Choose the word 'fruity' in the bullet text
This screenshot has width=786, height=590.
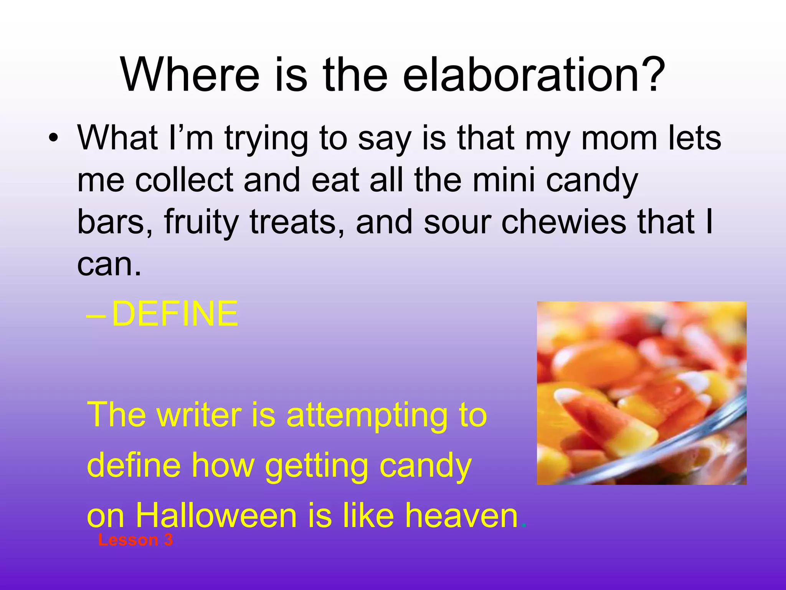coord(201,222)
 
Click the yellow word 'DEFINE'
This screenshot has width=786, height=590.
coord(175,314)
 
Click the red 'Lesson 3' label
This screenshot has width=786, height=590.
coord(135,540)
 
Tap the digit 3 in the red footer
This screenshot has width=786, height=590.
coord(168,540)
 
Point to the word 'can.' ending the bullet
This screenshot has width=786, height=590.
coord(109,265)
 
